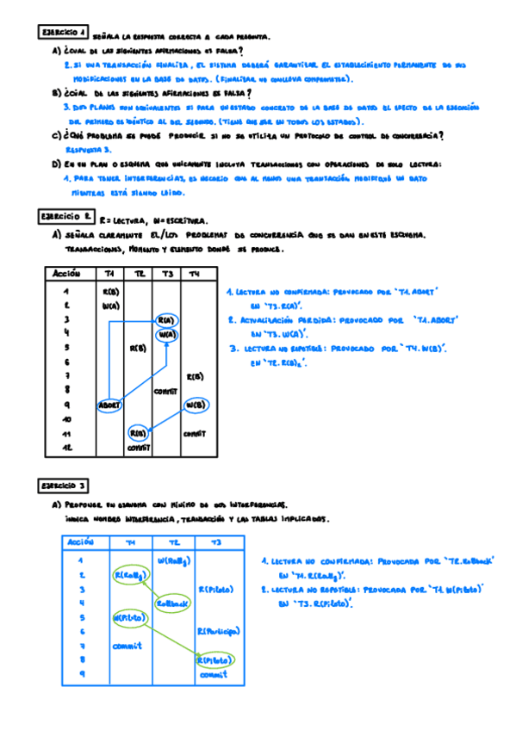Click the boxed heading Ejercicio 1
[x=64, y=33]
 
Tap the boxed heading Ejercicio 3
[x=64, y=486]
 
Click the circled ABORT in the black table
[x=109, y=405]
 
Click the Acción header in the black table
[x=66, y=274]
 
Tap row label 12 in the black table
[x=65, y=448]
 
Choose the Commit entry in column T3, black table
[x=165, y=391]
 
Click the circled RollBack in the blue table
[x=171, y=603]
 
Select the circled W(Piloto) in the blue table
[x=127, y=617]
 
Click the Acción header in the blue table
[x=79, y=543]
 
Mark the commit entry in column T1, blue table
[x=127, y=646]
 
